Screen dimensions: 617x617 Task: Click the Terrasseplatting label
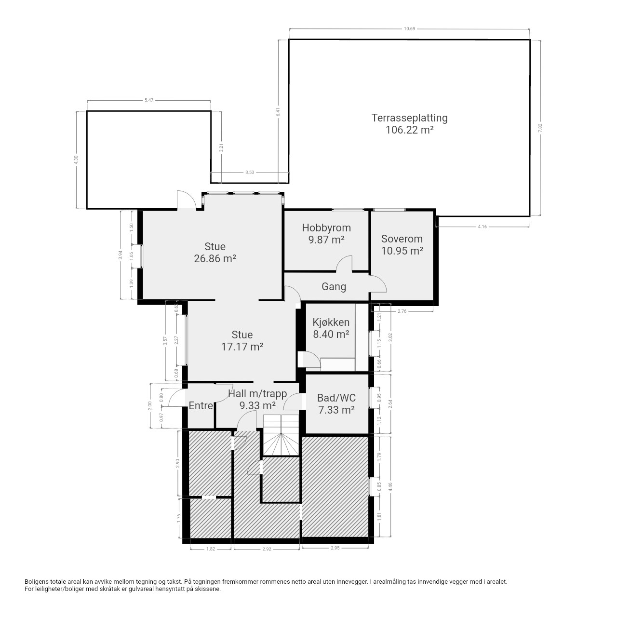click(409, 118)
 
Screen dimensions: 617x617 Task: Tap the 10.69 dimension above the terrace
click(409, 29)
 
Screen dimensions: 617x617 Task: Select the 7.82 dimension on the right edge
click(540, 128)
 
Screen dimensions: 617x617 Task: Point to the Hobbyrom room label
click(326, 228)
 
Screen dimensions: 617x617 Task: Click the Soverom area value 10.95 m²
click(402, 251)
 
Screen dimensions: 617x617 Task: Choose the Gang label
click(334, 286)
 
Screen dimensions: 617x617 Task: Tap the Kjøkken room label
click(331, 322)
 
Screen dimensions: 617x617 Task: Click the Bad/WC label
click(336, 398)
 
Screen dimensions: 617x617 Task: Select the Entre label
click(201, 406)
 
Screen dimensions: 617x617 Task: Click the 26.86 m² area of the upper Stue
click(215, 258)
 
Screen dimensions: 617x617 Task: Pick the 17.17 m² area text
click(242, 347)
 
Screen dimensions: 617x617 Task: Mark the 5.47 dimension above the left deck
click(149, 100)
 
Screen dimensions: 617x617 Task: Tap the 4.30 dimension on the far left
click(76, 160)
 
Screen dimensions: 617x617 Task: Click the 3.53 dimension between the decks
click(249, 172)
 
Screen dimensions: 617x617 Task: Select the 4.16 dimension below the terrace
click(482, 227)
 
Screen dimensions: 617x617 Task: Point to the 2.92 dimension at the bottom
click(267, 549)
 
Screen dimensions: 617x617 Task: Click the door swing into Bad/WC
click(292, 402)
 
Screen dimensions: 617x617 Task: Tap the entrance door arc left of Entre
click(176, 398)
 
